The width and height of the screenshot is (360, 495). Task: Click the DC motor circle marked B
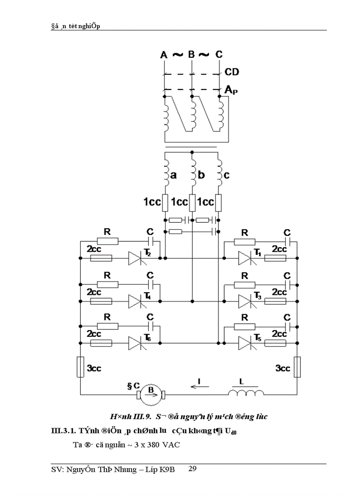(x=151, y=394)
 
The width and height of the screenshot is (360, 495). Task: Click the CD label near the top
(x=232, y=72)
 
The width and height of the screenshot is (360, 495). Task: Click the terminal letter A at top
(x=164, y=55)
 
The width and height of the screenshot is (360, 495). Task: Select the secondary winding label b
(x=201, y=175)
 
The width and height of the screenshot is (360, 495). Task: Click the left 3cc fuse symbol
(x=80, y=367)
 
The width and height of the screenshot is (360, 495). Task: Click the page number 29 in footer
(x=192, y=469)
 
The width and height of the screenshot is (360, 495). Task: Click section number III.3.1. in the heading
(x=64, y=431)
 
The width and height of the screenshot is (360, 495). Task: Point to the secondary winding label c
(x=227, y=175)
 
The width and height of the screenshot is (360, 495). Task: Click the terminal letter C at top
(x=219, y=55)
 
